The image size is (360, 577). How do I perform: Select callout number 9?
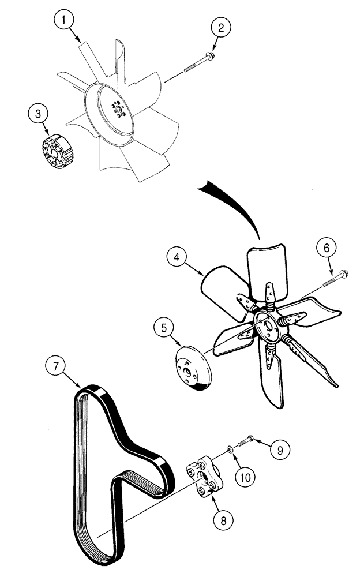click(279, 448)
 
